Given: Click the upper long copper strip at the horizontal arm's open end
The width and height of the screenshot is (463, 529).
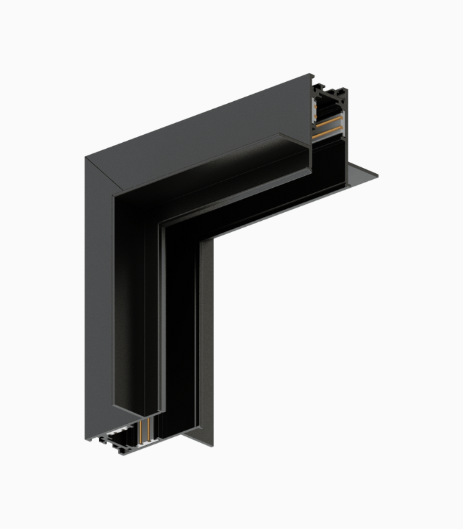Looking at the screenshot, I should [x=329, y=124].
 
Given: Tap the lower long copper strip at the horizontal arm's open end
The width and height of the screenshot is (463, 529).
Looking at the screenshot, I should [x=328, y=134].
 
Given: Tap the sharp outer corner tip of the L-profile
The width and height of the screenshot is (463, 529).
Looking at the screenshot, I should [x=85, y=157].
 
